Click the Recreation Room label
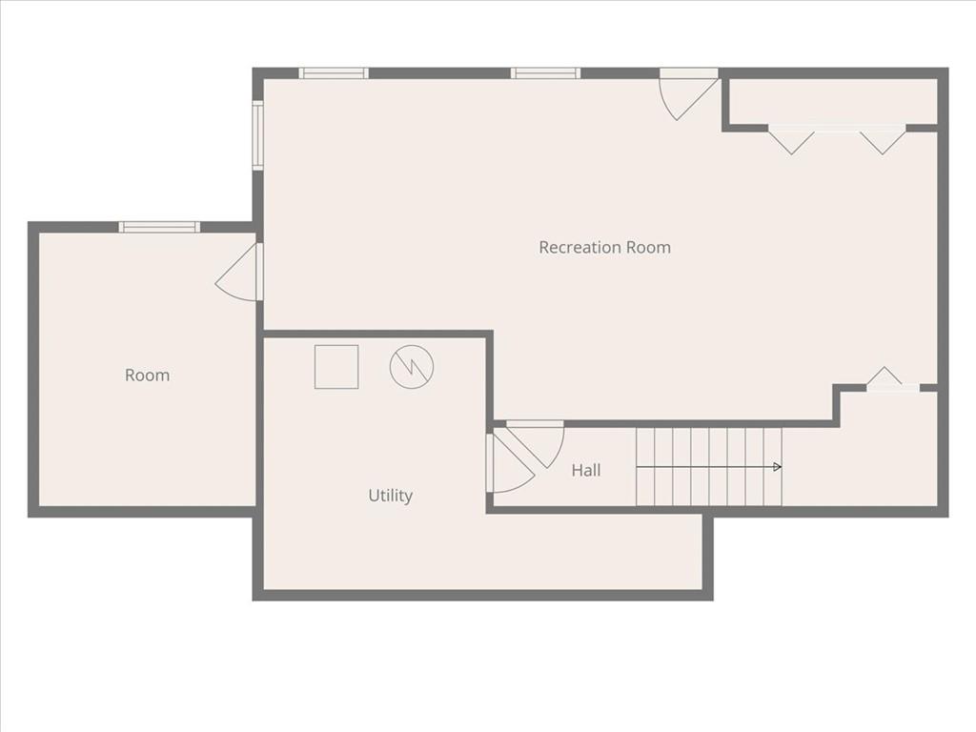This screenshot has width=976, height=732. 604,247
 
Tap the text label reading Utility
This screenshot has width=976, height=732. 390,496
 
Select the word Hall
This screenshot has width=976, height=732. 585,470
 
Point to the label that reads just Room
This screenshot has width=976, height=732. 147,376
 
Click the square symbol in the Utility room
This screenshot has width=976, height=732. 336,367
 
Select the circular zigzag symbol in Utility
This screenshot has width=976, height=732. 412,367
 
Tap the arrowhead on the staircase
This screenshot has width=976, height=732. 778,467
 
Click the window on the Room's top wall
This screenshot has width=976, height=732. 159,227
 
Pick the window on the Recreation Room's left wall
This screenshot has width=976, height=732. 257,135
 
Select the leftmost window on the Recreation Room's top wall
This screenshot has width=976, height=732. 334,73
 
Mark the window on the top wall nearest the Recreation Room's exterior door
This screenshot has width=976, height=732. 545,73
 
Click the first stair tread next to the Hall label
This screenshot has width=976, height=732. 645,467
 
